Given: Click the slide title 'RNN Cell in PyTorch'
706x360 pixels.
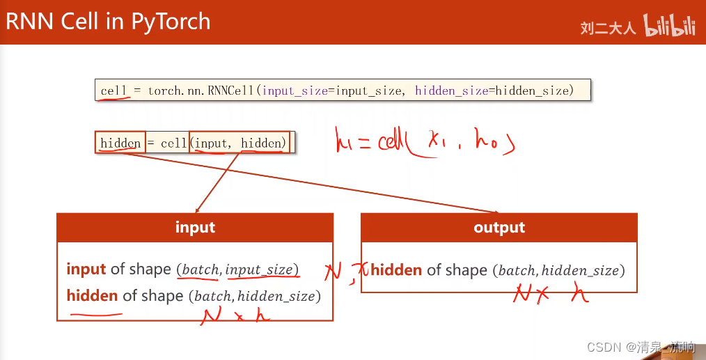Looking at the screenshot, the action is [x=108, y=22].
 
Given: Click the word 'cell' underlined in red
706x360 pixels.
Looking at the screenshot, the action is [x=113, y=91].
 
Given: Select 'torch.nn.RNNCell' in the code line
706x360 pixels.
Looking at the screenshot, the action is [x=201, y=91].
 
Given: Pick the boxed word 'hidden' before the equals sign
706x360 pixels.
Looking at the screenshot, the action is [x=120, y=143].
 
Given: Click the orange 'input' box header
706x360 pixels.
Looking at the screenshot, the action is [x=195, y=228].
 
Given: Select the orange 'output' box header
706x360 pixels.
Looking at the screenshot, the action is [x=499, y=228].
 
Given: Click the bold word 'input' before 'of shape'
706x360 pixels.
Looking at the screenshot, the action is [x=86, y=269].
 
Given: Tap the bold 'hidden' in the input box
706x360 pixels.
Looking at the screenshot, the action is [x=92, y=296].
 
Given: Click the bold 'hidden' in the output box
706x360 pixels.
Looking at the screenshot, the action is [x=396, y=270].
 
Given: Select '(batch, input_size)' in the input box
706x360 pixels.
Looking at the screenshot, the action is [x=237, y=269].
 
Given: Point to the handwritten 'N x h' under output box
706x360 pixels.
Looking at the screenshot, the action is [x=550, y=295].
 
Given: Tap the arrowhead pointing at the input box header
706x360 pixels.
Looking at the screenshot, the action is [x=197, y=210].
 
